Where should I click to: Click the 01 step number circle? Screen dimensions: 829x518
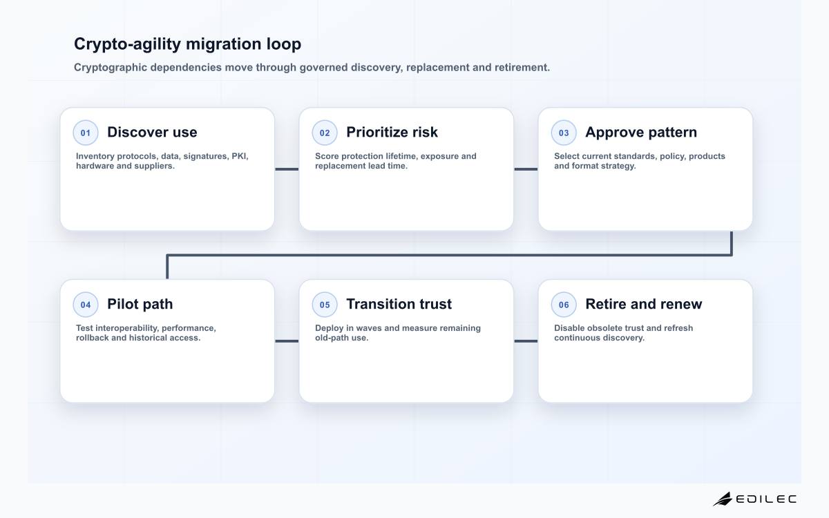(86, 133)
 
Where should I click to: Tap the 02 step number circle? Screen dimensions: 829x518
(325, 133)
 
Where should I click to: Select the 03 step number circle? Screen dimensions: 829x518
(564, 133)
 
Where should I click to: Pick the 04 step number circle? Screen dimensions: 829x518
(86, 305)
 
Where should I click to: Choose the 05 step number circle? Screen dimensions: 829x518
(325, 305)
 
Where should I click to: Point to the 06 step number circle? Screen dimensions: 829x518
(564, 305)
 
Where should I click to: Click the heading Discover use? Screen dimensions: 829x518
(152, 132)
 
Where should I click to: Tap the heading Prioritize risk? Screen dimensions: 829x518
(392, 132)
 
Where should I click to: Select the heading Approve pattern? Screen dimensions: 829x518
(641, 133)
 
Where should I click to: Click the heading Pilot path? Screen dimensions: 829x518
(140, 304)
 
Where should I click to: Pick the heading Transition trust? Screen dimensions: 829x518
(399, 304)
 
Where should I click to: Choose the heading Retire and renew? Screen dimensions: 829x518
(644, 304)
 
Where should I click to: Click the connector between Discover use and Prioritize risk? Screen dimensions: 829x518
(287, 169)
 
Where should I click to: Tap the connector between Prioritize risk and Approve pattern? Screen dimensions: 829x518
(526, 169)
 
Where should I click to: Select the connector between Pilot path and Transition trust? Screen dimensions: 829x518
(287, 341)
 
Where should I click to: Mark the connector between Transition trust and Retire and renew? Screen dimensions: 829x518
(526, 341)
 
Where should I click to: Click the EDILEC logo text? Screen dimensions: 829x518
(766, 499)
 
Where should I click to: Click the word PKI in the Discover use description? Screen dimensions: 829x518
(240, 156)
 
